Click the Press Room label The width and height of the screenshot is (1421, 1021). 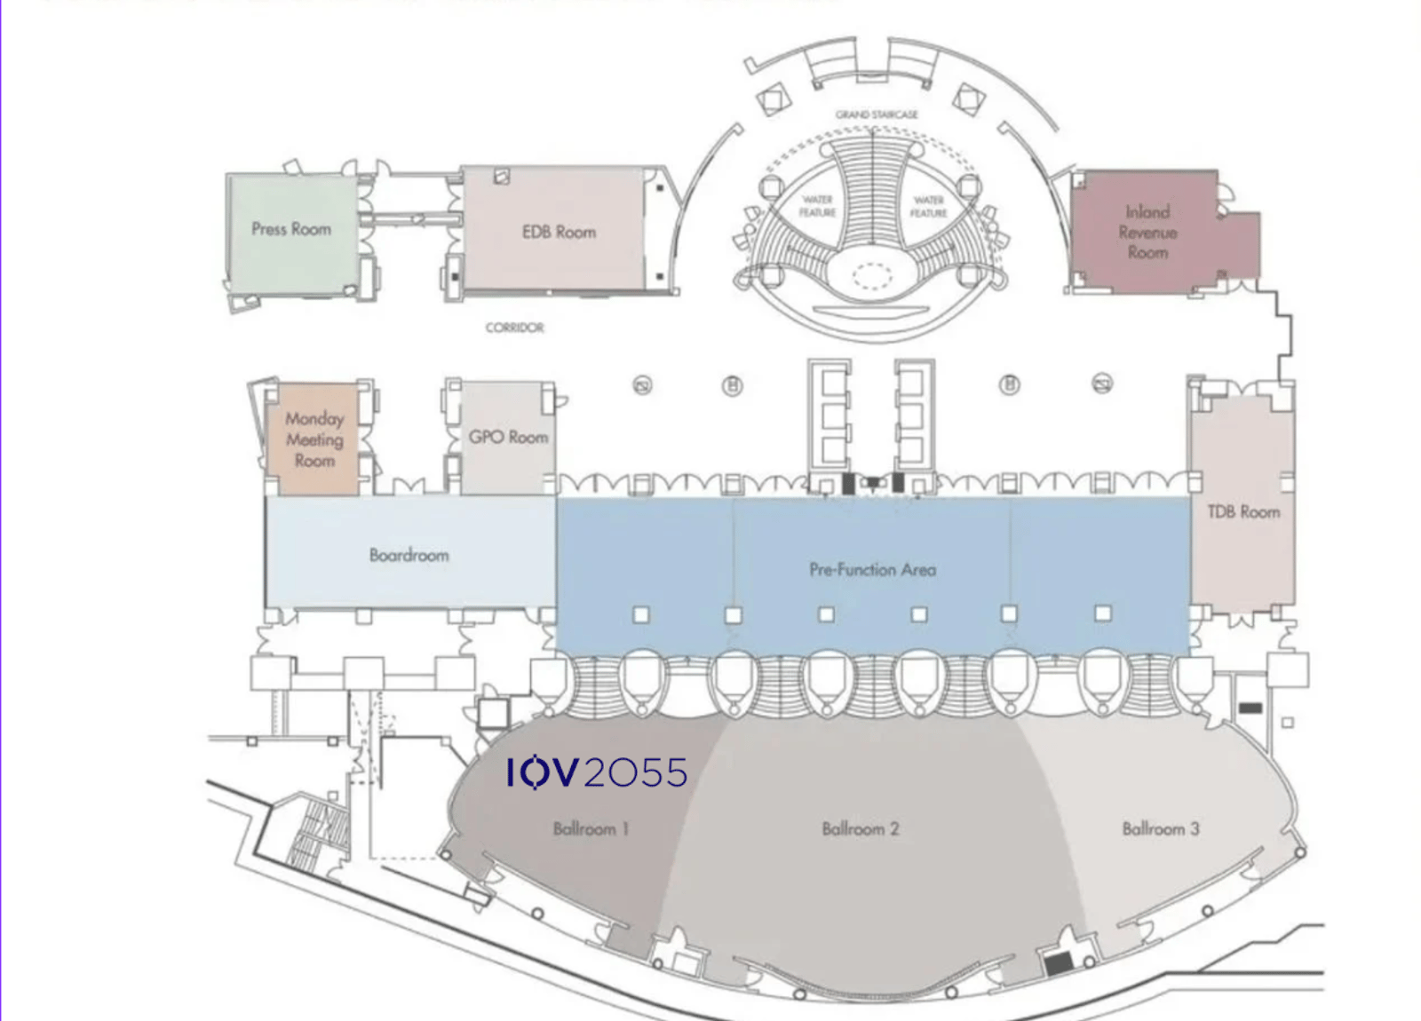(290, 229)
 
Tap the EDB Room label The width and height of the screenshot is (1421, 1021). (559, 233)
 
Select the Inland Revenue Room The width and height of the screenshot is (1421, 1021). (1147, 233)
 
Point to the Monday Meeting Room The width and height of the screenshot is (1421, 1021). (314, 439)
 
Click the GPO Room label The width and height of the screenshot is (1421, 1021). (508, 438)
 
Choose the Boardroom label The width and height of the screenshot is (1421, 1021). (409, 556)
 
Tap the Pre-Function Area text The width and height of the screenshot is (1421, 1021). (872, 570)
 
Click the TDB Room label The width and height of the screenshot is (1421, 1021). (1242, 512)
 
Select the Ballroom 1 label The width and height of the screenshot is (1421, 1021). (591, 829)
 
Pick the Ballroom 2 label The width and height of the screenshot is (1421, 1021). (860, 829)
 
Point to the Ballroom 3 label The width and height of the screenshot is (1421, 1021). (1160, 829)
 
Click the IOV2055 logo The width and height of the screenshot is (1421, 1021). (597, 772)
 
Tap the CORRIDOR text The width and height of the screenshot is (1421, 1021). (514, 328)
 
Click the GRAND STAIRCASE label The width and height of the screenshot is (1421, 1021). (876, 115)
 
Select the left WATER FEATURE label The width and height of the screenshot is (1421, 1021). (817, 206)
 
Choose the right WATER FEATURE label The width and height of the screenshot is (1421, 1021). (928, 207)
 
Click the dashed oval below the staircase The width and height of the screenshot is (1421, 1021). (872, 276)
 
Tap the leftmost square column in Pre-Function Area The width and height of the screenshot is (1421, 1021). (640, 614)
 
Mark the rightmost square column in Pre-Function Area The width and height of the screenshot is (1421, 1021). (1103, 613)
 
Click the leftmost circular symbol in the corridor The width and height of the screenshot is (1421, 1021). (642, 385)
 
